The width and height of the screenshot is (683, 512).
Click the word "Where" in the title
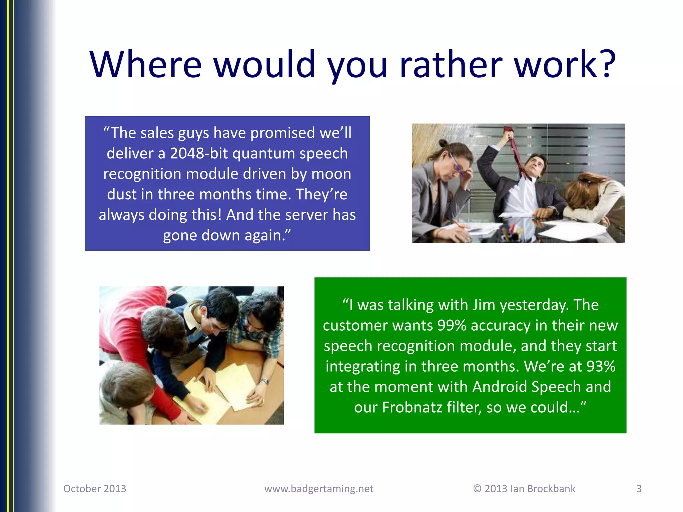[x=146, y=64]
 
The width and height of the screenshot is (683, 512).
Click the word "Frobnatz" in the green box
[x=412, y=407]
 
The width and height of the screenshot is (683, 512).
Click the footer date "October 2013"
[x=95, y=488]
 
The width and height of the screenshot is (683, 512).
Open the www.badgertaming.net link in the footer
[x=319, y=488]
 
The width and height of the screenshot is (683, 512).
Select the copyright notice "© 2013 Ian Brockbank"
[x=524, y=488]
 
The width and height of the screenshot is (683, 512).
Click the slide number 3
[x=639, y=488]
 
